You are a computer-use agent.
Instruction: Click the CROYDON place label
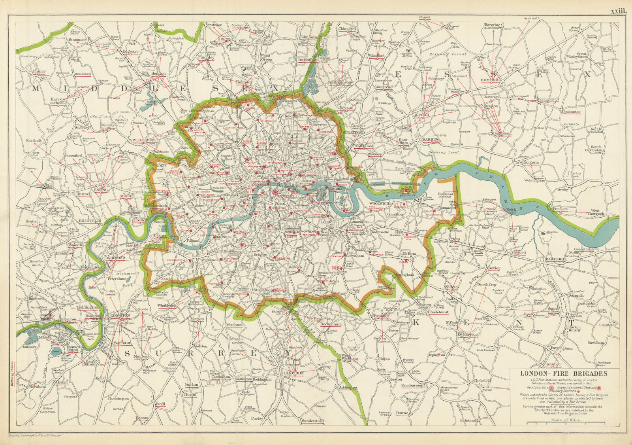(x=293, y=373)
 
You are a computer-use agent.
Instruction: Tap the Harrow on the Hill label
(x=58, y=101)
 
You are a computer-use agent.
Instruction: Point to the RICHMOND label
(x=115, y=258)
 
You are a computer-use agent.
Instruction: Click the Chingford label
(x=347, y=29)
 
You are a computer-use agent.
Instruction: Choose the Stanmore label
(x=77, y=40)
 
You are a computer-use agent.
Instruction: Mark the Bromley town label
(x=382, y=316)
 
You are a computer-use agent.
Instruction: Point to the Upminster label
(x=571, y=112)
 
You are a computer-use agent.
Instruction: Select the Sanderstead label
(x=312, y=421)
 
